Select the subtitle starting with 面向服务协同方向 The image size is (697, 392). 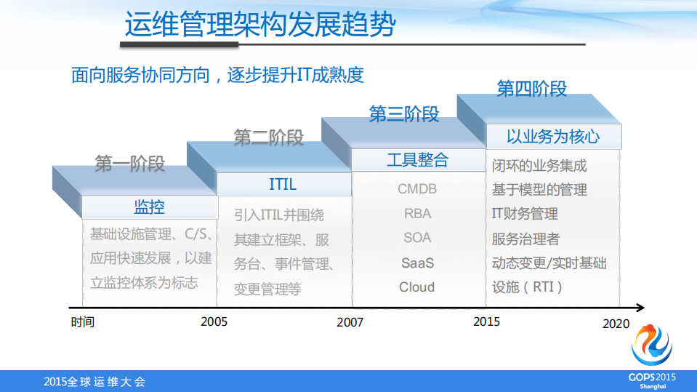(217, 75)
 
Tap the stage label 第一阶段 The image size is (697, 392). (130, 164)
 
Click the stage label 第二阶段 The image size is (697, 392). (268, 138)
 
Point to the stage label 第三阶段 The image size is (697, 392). (404, 114)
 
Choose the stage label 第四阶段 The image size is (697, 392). (532, 89)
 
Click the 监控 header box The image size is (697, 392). (149, 207)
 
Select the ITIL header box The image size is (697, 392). (283, 184)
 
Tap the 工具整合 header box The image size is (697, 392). (417, 160)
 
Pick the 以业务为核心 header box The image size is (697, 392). (553, 136)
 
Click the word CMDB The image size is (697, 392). (417, 189)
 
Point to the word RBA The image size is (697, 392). (417, 214)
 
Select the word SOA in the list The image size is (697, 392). (417, 238)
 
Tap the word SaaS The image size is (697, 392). (417, 263)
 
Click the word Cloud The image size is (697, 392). (417, 287)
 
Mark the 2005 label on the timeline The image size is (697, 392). (214, 321)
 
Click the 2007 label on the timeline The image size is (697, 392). (350, 322)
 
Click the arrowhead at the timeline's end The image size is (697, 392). (639, 308)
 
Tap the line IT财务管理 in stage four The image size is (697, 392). (525, 214)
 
